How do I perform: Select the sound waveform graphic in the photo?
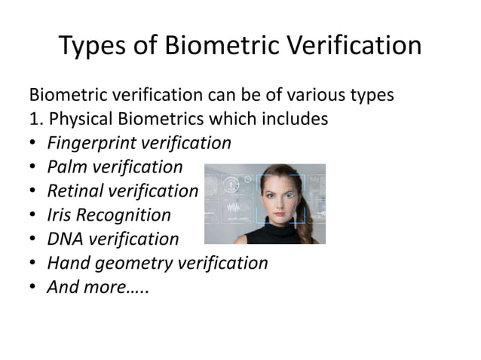[233, 207]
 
